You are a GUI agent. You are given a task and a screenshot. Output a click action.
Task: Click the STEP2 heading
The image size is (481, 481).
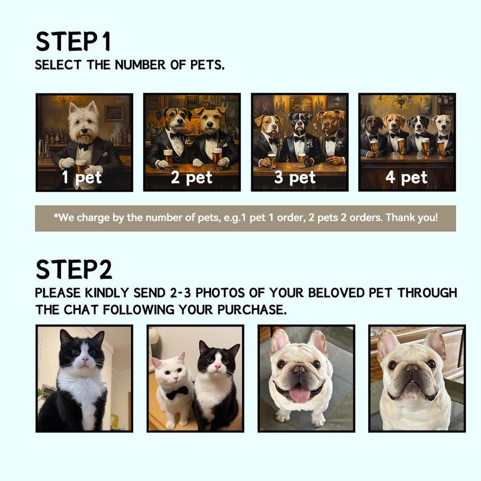[74, 269]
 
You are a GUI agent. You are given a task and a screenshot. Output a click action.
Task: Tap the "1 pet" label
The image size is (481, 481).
[82, 178]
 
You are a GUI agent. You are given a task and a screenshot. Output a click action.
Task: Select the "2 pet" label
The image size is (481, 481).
[192, 178]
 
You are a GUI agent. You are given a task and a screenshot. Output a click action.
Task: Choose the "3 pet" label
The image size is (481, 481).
[295, 178]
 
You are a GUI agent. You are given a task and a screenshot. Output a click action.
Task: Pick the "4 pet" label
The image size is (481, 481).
[406, 178]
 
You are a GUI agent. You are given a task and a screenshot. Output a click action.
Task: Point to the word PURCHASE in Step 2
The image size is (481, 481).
[252, 310]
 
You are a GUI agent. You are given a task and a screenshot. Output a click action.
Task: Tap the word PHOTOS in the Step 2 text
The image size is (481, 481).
[220, 293]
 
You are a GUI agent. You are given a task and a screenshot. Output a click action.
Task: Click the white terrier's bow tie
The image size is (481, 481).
[85, 146]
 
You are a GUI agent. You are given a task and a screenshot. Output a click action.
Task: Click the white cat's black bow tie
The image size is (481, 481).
[177, 392]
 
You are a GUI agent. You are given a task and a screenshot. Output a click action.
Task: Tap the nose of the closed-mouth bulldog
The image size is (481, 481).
[412, 368]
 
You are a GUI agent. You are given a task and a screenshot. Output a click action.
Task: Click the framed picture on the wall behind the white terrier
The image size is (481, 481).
[114, 113]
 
